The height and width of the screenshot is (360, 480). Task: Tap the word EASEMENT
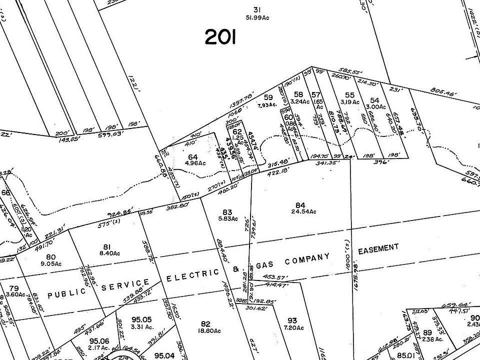378,248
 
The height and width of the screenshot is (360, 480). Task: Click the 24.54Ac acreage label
300,211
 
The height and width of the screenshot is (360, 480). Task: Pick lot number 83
227,212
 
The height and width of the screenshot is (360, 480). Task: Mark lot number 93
292,320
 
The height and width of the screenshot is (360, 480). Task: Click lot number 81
106,246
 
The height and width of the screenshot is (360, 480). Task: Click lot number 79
14,288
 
